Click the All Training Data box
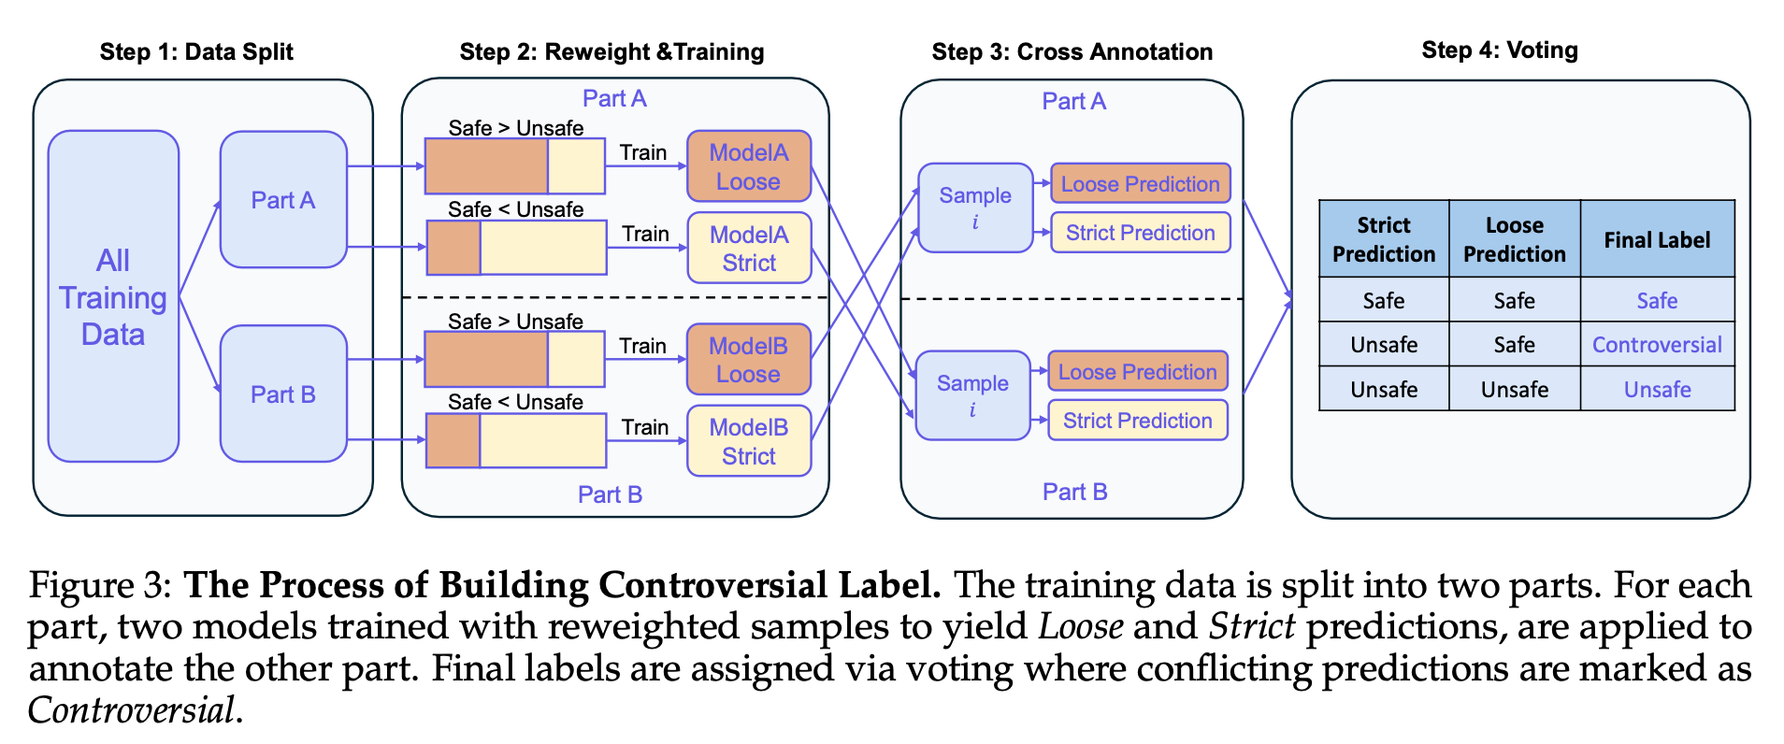113,296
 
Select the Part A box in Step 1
283,200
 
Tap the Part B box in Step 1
283,393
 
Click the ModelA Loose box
749,166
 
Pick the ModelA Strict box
749,248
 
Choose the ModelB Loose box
749,360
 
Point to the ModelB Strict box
749,441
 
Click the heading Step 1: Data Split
196,51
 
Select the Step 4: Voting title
1500,50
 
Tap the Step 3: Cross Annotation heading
1072,51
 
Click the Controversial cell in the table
1657,345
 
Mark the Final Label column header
1657,239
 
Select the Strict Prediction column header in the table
1384,239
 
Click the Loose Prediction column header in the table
1514,239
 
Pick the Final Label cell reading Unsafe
1657,389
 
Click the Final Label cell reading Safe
1657,300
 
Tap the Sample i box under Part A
975,207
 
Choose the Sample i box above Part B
972,395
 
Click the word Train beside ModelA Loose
643,152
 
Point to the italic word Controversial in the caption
131,710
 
